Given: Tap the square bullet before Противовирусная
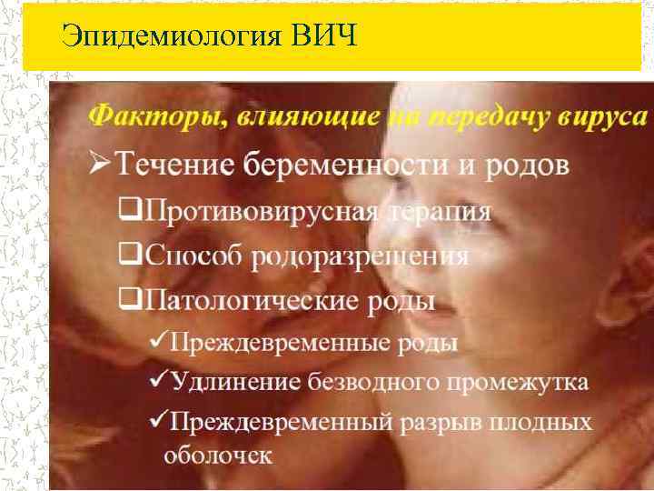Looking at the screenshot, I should point(129,213).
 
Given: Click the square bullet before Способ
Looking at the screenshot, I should point(129,256).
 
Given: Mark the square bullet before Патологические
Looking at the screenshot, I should point(129,299).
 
